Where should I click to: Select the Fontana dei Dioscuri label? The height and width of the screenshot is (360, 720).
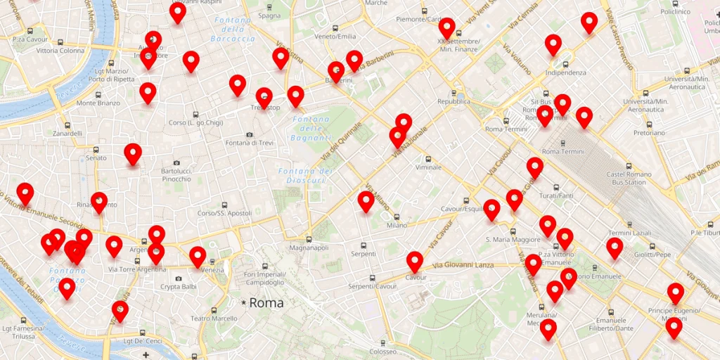pyautogui.click(x=304, y=176)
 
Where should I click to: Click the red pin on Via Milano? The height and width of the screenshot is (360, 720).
pyautogui.click(x=366, y=201)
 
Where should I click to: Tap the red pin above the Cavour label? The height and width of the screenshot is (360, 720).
pyautogui.click(x=415, y=262)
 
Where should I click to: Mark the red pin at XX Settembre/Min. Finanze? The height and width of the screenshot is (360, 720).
pyautogui.click(x=446, y=28)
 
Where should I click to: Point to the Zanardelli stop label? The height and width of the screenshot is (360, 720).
pyautogui.click(x=67, y=133)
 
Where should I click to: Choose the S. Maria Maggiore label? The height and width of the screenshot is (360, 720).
pyautogui.click(x=513, y=240)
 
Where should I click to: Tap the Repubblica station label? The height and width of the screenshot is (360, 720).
pyautogui.click(x=454, y=101)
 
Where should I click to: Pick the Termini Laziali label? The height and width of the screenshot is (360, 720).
pyautogui.click(x=629, y=233)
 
